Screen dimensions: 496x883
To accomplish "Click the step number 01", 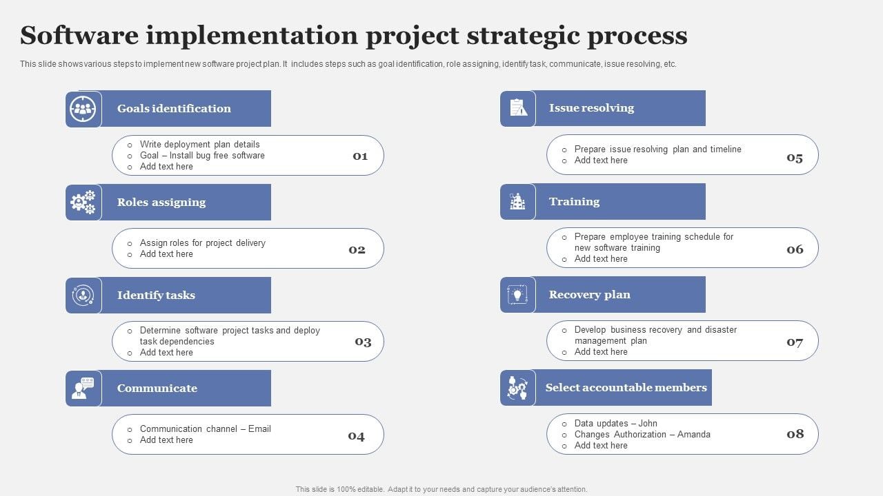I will pos(360,156).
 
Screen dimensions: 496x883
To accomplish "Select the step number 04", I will pos(356,435).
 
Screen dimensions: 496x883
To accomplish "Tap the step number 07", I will pos(795,342).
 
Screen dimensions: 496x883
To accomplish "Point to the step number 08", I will pos(795,433).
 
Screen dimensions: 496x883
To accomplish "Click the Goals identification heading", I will pos(174,108).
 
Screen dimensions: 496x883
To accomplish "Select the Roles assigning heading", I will pos(161,202).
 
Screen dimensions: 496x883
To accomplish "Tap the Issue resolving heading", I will pos(591,107).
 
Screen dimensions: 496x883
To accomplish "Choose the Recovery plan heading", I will pos(589,294).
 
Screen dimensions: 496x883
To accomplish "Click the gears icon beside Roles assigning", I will pos(83,203).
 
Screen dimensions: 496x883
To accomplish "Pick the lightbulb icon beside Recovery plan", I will pos(517,295).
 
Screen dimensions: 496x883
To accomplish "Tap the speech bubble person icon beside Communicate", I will pos(83,389).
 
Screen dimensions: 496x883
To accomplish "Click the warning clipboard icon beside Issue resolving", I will pos(517,108).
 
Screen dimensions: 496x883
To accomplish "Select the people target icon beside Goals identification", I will pos(83,109).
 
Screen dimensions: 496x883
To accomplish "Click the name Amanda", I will pos(693,435).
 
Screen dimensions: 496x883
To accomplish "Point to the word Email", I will pos(259,428).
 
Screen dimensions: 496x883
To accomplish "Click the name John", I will pos(648,424).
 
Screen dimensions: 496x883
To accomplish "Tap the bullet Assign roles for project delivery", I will pos(202,242).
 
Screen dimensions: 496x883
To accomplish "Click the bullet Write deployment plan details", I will pos(199,144).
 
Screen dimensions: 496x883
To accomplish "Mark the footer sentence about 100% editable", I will pos(441,489).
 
